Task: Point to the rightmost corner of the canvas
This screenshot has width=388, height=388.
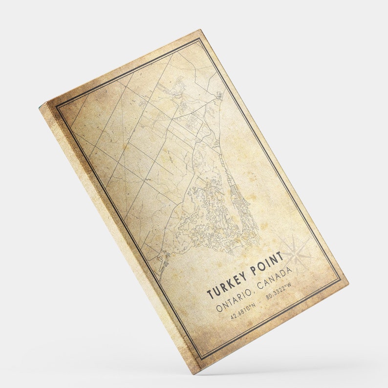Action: click(x=348, y=282)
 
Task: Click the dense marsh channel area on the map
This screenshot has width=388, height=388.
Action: click(x=215, y=215)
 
